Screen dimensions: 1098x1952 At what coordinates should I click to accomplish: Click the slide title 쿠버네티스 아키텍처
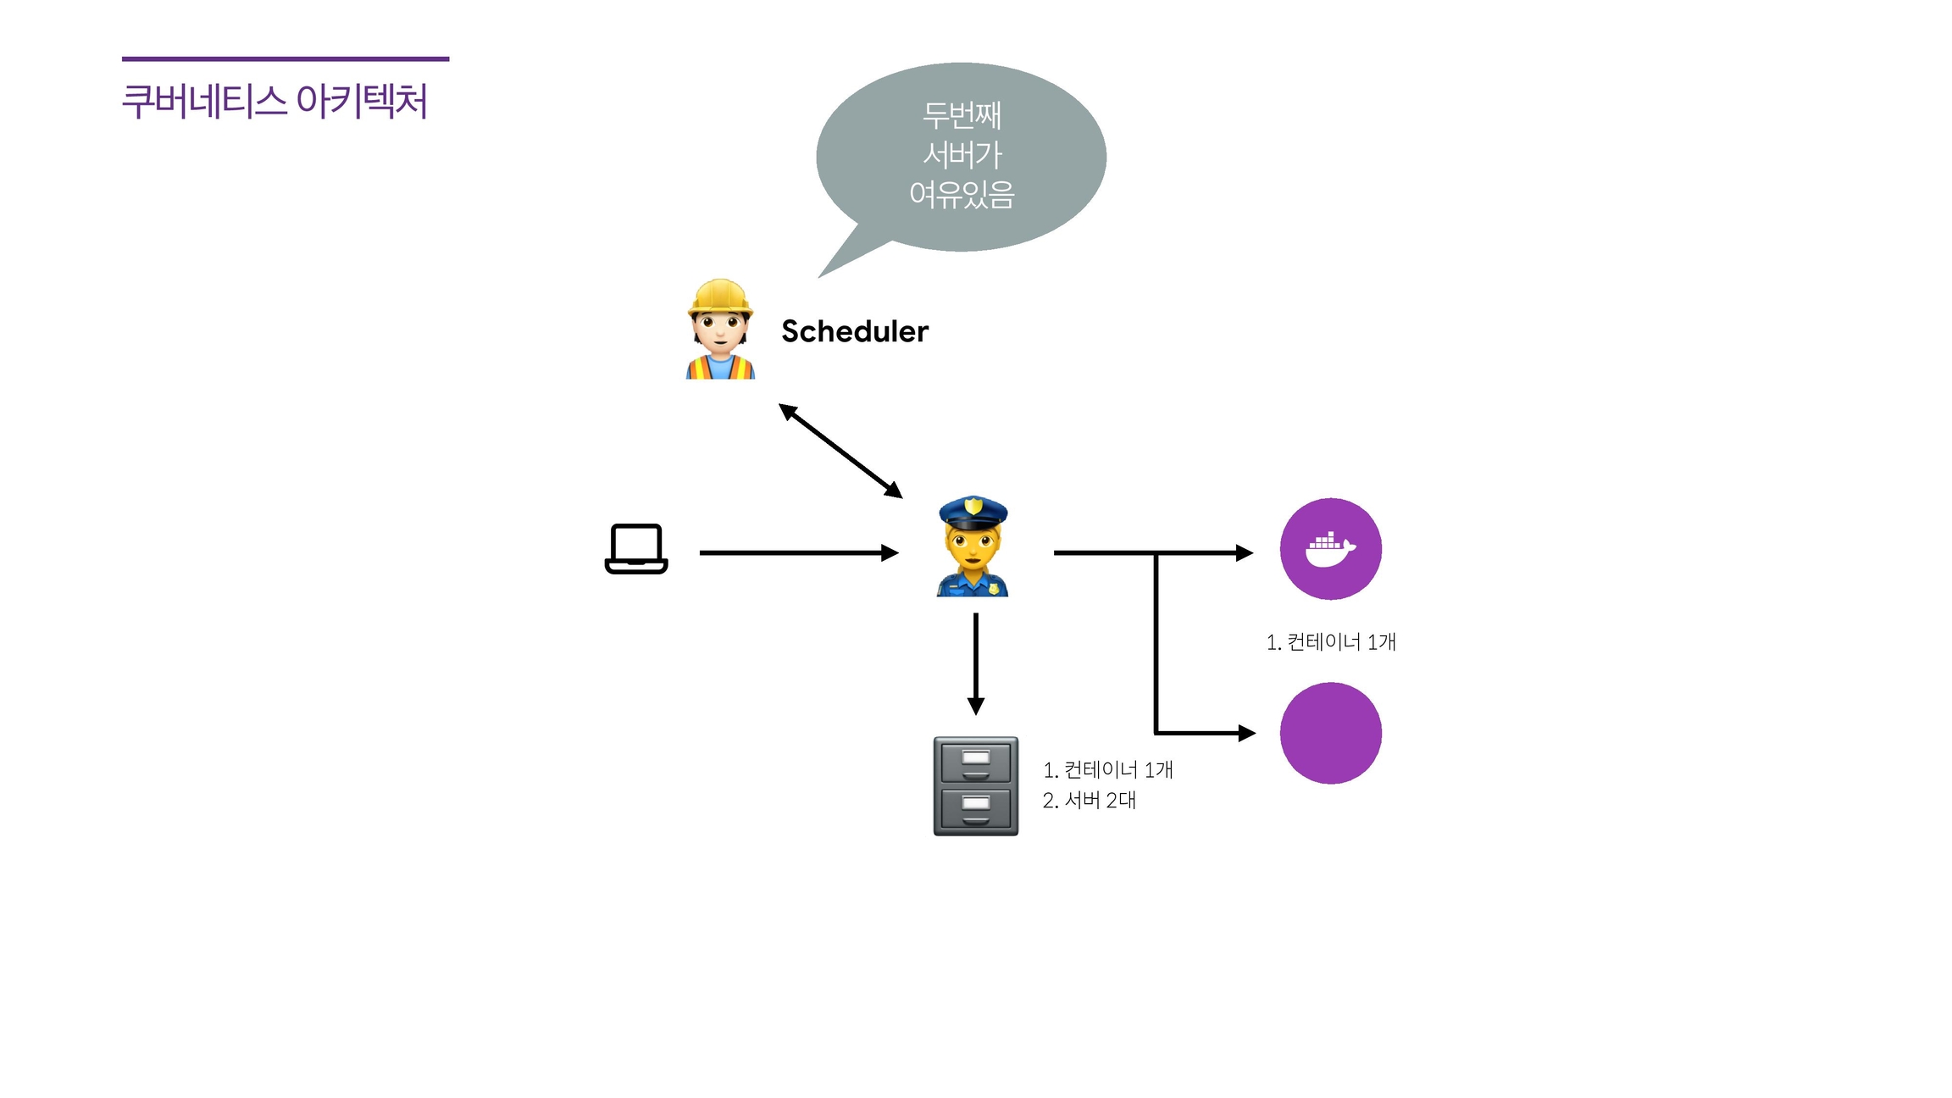pyautogui.click(x=274, y=101)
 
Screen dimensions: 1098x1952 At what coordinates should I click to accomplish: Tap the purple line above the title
pyautogui.click(x=285, y=58)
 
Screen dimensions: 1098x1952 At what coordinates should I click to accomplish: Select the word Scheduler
pyautogui.click(x=854, y=331)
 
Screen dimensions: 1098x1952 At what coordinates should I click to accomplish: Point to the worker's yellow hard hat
pyautogui.click(x=719, y=297)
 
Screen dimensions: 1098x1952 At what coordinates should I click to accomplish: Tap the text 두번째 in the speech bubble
pyautogui.click(x=962, y=114)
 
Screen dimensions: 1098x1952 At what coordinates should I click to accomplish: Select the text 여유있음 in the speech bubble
pyautogui.click(x=962, y=195)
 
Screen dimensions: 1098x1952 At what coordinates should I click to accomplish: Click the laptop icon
pyautogui.click(x=636, y=549)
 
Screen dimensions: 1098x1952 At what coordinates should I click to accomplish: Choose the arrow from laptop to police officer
pyautogui.click(x=796, y=552)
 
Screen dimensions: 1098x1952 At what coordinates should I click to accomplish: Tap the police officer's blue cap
pyautogui.click(x=973, y=511)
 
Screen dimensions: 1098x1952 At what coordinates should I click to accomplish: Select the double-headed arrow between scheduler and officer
pyautogui.click(x=840, y=451)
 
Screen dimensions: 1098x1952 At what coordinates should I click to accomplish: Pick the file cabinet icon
pyautogui.click(x=975, y=785)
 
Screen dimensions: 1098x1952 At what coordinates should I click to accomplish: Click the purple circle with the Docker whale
pyautogui.click(x=1330, y=549)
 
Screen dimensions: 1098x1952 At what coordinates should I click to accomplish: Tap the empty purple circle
pyautogui.click(x=1330, y=733)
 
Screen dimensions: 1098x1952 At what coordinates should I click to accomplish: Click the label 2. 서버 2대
pyautogui.click(x=1089, y=800)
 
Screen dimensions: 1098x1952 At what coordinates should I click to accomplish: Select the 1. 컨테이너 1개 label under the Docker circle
pyautogui.click(x=1330, y=642)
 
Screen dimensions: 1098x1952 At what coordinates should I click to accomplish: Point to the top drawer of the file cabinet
pyautogui.click(x=975, y=760)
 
